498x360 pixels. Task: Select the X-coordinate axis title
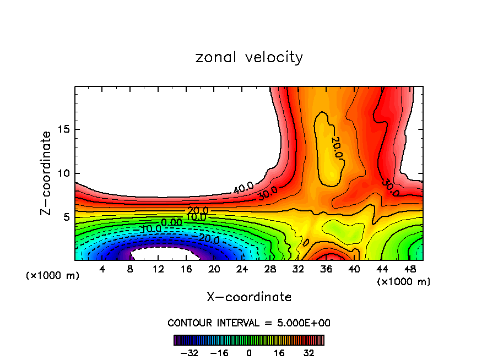pyautogui.click(x=249, y=297)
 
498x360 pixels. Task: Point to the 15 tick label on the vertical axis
pyautogui.click(x=64, y=130)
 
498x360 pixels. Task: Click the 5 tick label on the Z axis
pyautogui.click(x=67, y=217)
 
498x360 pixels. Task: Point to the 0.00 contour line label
pyautogui.click(x=171, y=222)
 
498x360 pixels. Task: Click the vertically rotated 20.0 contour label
pyautogui.click(x=337, y=148)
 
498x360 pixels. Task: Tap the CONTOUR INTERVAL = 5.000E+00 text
pyautogui.click(x=249, y=323)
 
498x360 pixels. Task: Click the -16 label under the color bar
pyautogui.click(x=219, y=353)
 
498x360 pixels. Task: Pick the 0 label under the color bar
pyautogui.click(x=249, y=353)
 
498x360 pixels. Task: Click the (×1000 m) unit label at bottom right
pyautogui.click(x=404, y=282)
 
